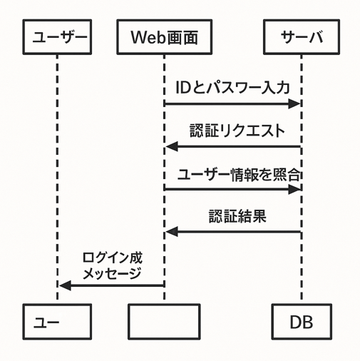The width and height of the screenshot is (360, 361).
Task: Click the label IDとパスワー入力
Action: click(x=232, y=88)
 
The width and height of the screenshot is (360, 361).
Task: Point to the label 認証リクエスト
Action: click(x=237, y=131)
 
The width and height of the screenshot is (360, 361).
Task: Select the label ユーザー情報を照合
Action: click(x=239, y=175)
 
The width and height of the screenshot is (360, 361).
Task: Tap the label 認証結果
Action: click(x=237, y=216)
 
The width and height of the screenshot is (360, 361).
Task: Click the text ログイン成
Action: click(x=113, y=258)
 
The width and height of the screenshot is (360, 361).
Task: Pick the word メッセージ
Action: click(x=112, y=273)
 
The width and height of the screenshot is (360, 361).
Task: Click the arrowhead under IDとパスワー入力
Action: click(x=294, y=103)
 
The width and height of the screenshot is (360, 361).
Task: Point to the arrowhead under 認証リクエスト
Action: click(x=172, y=146)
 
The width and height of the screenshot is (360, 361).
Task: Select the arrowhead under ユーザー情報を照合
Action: click(x=294, y=189)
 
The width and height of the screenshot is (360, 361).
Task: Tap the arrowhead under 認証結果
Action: click(x=172, y=232)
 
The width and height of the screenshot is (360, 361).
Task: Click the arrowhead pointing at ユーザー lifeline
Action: click(x=65, y=285)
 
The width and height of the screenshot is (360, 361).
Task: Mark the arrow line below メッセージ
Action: click(x=111, y=285)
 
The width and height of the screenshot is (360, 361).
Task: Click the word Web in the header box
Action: click(x=148, y=37)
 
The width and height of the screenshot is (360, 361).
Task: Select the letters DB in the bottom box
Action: click(x=302, y=322)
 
